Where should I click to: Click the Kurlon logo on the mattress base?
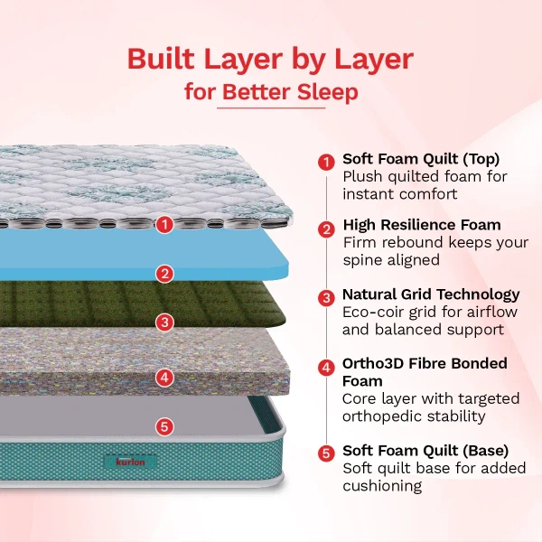[x=130, y=462]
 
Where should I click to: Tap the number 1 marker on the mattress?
[x=164, y=224]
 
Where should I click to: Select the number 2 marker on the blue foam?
[x=165, y=274]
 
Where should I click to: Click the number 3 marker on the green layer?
[x=165, y=322]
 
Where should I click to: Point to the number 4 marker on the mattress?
[x=164, y=377]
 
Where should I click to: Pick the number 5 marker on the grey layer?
[x=164, y=426]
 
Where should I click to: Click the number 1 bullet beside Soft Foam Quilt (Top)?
[x=326, y=162]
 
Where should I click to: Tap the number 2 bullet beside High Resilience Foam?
[x=326, y=229]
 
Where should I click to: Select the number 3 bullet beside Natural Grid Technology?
[x=326, y=298]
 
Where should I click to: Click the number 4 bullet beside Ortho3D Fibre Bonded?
[x=326, y=368]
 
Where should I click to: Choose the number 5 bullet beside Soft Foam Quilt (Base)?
[x=326, y=453]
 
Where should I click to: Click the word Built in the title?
[x=161, y=59]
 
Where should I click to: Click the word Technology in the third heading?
[x=478, y=295]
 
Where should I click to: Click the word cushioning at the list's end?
[x=382, y=486]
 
